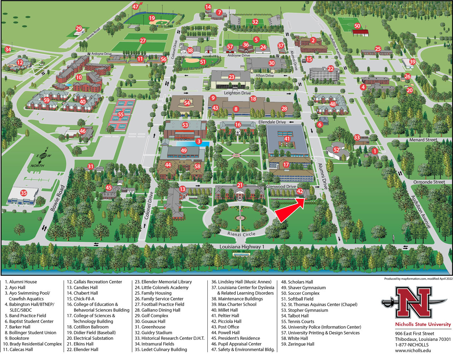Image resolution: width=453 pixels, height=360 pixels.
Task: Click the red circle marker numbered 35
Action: click(23, 193)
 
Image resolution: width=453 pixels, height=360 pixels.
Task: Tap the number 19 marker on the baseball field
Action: click(152, 18)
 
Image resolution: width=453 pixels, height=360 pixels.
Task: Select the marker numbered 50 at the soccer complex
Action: click(357, 26)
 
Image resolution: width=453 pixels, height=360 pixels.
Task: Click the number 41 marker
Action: click(287, 139)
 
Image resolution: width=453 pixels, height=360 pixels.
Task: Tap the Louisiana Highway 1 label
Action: click(242, 247)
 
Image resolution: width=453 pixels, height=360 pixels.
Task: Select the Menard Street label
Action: click(423, 140)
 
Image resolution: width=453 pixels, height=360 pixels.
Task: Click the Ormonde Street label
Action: click(429, 182)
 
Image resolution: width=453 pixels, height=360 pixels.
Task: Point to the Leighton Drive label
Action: click(237, 93)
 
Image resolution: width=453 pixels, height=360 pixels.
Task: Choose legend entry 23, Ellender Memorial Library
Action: click(163, 282)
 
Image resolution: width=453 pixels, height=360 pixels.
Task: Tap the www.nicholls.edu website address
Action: click(413, 350)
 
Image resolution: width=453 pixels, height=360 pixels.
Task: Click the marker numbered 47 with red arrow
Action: click(136, 7)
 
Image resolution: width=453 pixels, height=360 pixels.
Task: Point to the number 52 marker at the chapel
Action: click(337, 150)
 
